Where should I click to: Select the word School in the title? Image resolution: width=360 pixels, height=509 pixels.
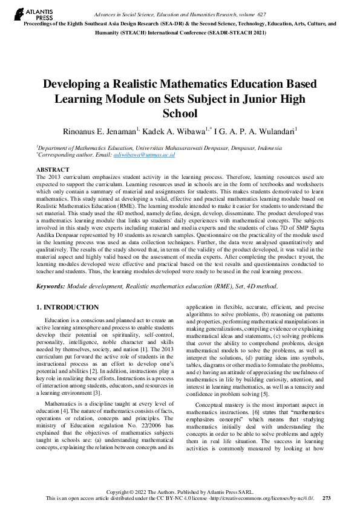180,113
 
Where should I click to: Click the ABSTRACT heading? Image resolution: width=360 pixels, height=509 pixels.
53,170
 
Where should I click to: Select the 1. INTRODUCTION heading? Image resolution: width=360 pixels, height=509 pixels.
68,307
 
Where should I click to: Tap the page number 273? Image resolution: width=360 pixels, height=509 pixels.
327,498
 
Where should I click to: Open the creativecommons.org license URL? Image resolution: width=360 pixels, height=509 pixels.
267,498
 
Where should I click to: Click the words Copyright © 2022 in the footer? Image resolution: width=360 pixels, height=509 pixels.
127,491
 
